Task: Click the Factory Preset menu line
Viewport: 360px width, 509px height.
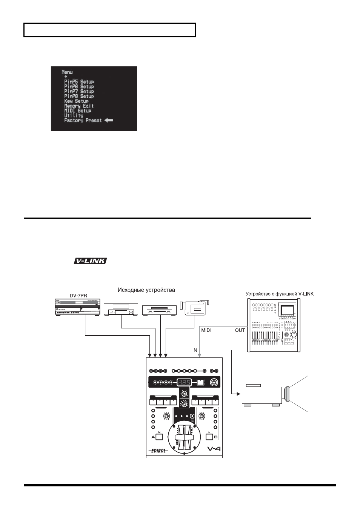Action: click(83, 120)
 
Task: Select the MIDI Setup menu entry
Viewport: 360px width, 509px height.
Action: click(78, 111)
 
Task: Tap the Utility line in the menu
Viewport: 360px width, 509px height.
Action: click(74, 116)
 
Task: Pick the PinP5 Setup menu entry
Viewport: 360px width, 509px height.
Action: click(79, 81)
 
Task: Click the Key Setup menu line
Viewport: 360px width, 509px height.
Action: click(76, 101)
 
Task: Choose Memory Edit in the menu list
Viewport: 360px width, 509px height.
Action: click(79, 106)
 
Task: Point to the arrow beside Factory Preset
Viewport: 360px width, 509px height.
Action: click(109, 120)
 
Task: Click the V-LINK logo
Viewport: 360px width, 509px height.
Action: click(90, 261)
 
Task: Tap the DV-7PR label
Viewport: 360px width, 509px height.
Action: click(78, 296)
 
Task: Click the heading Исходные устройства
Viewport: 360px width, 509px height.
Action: click(146, 290)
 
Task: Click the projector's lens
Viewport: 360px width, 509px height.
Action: click(286, 394)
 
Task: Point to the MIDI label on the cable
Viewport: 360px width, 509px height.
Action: click(206, 330)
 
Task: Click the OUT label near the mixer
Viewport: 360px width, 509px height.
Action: click(240, 330)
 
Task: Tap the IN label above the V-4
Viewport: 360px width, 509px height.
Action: click(195, 350)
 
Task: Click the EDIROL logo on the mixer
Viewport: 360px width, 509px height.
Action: click(158, 451)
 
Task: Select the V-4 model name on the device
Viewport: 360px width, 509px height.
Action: click(214, 449)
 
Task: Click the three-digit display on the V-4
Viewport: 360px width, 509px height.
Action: click(184, 382)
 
